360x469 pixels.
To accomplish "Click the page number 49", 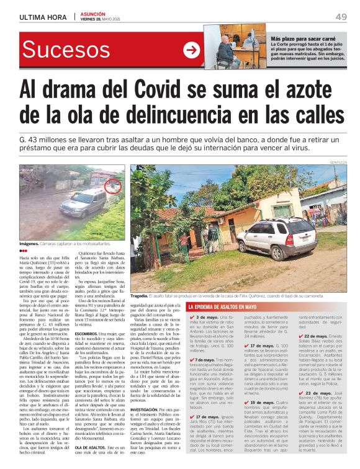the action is click(341, 16).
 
